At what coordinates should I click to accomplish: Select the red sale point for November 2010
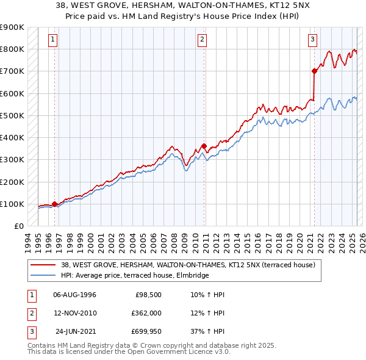[x=204, y=146]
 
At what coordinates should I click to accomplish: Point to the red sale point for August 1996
[x=55, y=204]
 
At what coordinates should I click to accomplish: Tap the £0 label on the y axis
[x=18, y=226]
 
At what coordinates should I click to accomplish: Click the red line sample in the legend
[x=43, y=265]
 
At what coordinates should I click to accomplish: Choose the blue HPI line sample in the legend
[x=43, y=275]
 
